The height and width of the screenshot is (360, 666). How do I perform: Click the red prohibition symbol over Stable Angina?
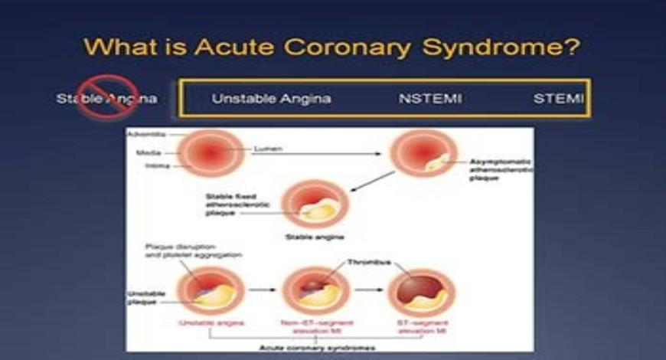(108, 98)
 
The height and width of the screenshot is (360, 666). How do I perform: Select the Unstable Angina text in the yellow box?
(271, 99)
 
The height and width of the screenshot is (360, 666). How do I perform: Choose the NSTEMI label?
(430, 99)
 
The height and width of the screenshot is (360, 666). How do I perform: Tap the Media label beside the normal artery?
(148, 152)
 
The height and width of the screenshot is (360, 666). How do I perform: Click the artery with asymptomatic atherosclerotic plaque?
(423, 153)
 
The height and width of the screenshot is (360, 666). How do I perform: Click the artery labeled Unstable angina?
(205, 292)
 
